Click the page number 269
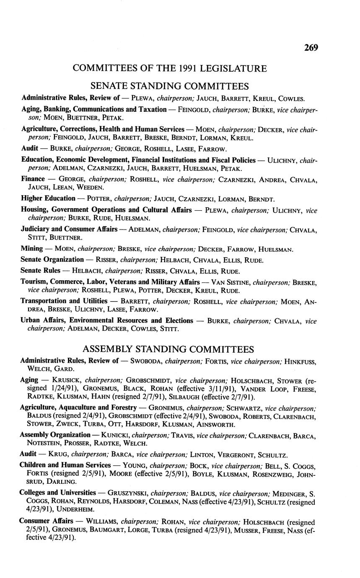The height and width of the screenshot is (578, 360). coord(311,48)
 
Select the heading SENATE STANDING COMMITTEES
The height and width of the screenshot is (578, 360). coord(170,86)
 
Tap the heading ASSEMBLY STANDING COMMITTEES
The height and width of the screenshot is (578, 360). coord(168,349)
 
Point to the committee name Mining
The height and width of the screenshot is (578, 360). coord(32,249)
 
